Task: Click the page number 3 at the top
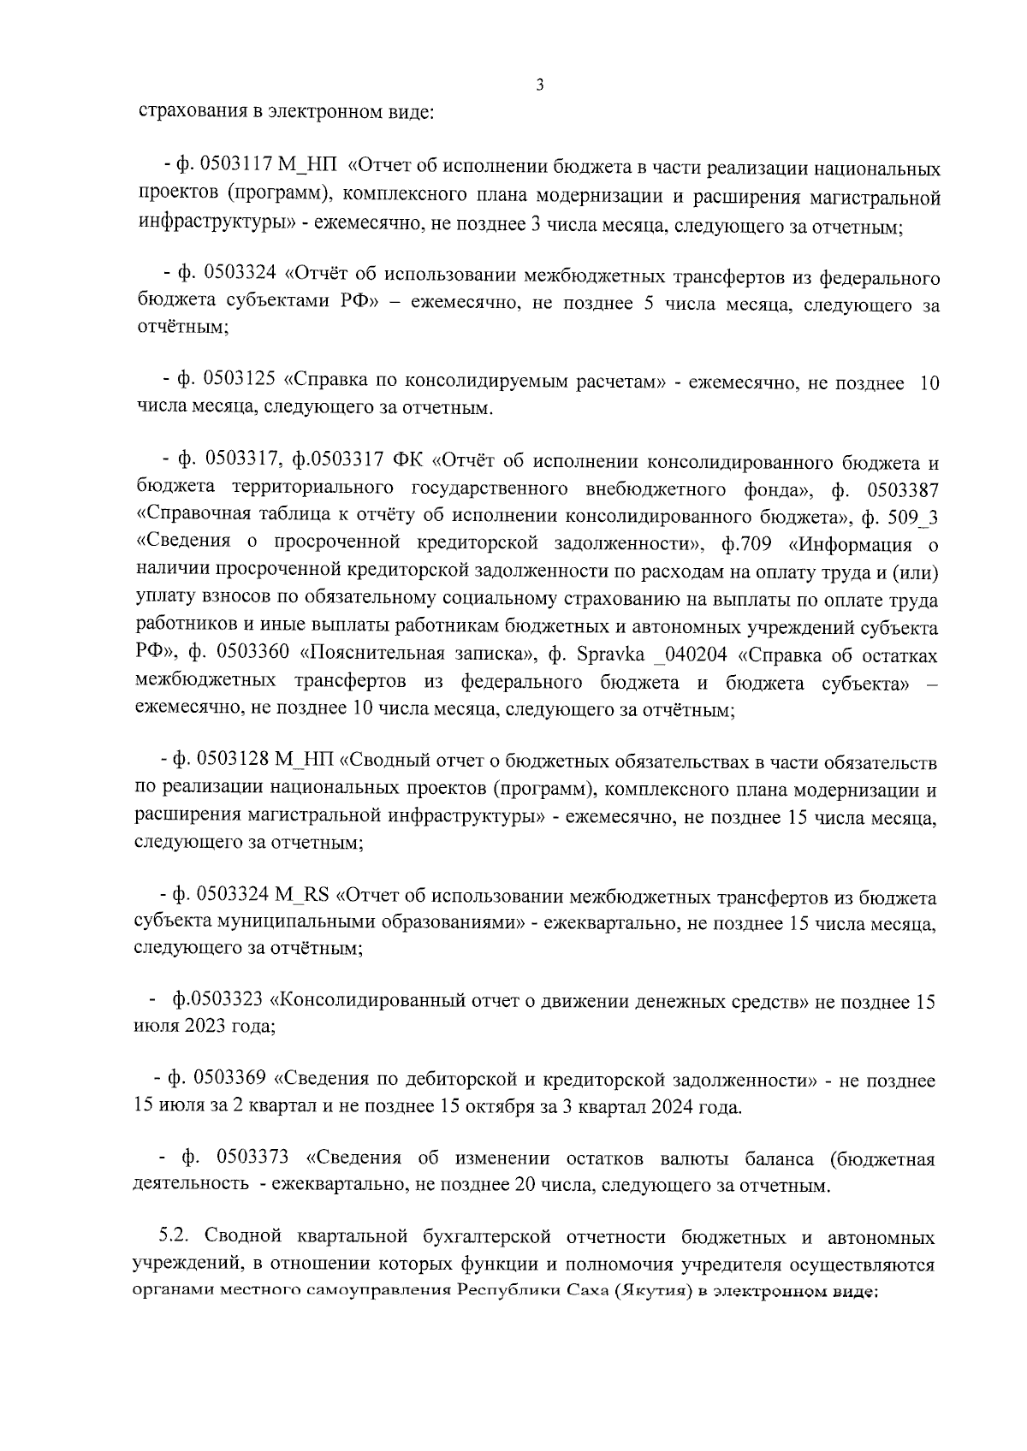click(539, 85)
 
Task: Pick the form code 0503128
click(233, 760)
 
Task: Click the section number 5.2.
click(178, 1238)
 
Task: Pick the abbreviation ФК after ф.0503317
click(409, 462)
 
